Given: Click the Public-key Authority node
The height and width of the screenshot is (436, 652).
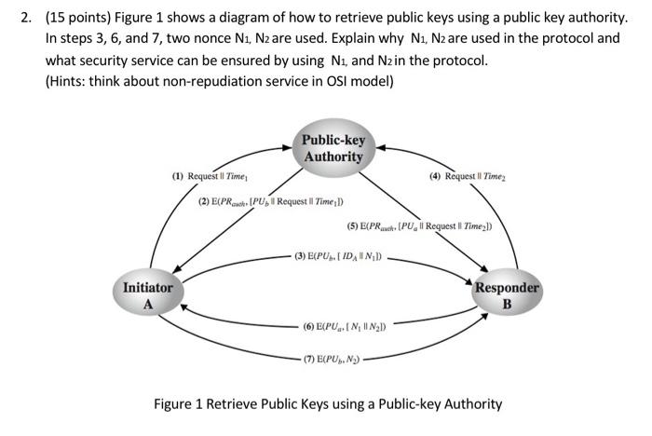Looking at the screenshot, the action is point(333,148).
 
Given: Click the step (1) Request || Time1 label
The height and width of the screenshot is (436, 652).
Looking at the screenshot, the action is point(210,176).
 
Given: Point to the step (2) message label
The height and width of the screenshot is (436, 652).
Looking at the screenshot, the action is point(271,202).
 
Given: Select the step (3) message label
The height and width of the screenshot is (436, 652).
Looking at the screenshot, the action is point(338,256).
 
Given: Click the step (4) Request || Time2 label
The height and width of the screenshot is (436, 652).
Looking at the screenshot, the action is point(468,176).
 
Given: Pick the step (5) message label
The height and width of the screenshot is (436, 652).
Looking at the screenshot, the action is point(419,226).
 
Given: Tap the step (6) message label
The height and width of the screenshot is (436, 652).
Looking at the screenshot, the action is point(345,327).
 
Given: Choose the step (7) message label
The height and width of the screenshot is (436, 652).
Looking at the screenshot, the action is point(332,359).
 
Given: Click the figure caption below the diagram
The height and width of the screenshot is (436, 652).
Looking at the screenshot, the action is point(328,404).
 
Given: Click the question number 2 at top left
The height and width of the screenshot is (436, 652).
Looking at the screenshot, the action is point(27,18).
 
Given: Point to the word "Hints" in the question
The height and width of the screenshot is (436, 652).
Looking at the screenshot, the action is point(67,81).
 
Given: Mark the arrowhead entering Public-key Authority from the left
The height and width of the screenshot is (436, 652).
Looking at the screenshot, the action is point(287,147).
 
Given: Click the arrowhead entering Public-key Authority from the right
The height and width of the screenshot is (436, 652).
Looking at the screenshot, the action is point(381,148).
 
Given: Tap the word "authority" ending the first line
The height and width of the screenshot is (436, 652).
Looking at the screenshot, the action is point(597,18).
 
